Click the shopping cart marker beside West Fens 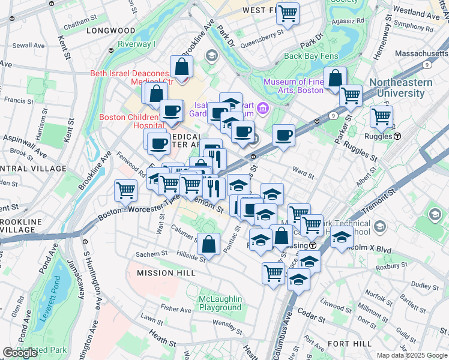pos(288,13)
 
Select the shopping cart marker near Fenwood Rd pos(125,191)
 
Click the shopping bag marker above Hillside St pos(208,244)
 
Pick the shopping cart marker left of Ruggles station pos(381,118)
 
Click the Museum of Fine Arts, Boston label pos(294,86)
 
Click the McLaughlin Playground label pos(220,303)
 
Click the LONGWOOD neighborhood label pos(110,30)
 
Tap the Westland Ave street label pos(418,11)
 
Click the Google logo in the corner pos(20,352)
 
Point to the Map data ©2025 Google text pos(411,355)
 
